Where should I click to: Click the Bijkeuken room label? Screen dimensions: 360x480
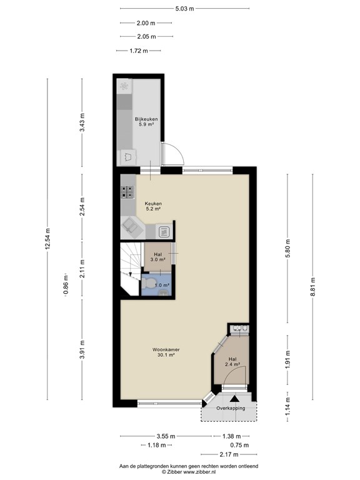point(146,119)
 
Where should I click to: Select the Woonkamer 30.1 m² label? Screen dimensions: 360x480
point(166,352)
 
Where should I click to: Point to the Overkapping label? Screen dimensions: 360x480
point(231,408)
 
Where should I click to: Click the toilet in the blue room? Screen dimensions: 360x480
point(148,284)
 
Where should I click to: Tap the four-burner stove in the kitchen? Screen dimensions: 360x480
point(127,192)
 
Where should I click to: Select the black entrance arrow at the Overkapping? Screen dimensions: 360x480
point(235,399)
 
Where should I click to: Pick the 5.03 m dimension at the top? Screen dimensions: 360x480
point(184,9)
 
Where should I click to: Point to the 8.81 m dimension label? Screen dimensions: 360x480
point(312,287)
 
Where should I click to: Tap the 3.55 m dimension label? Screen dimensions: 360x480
point(166,436)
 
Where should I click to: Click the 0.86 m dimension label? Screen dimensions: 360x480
point(66,284)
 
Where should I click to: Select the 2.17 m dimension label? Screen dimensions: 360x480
point(229,454)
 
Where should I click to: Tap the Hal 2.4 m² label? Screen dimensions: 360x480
point(232,361)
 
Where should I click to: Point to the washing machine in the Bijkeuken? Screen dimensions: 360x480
point(128,157)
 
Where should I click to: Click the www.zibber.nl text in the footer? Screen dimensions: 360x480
point(199,472)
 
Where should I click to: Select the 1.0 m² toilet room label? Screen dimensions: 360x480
point(162,285)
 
